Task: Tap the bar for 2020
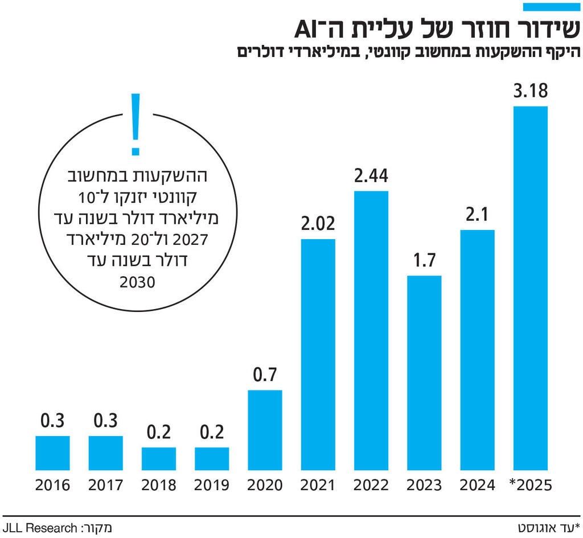coord(265,430)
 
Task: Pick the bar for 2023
coord(424,373)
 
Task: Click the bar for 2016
coord(52,453)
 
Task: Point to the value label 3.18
coord(530,92)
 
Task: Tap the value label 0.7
coord(265,376)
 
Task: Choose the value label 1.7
coord(424,261)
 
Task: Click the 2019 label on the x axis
coord(212,486)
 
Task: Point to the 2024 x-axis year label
coord(477,486)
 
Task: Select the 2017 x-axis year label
coord(105,486)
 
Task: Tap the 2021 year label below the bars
coord(318,486)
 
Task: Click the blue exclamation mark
coord(136,124)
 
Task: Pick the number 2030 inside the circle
coord(136,282)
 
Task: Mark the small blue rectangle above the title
coord(551,6)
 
